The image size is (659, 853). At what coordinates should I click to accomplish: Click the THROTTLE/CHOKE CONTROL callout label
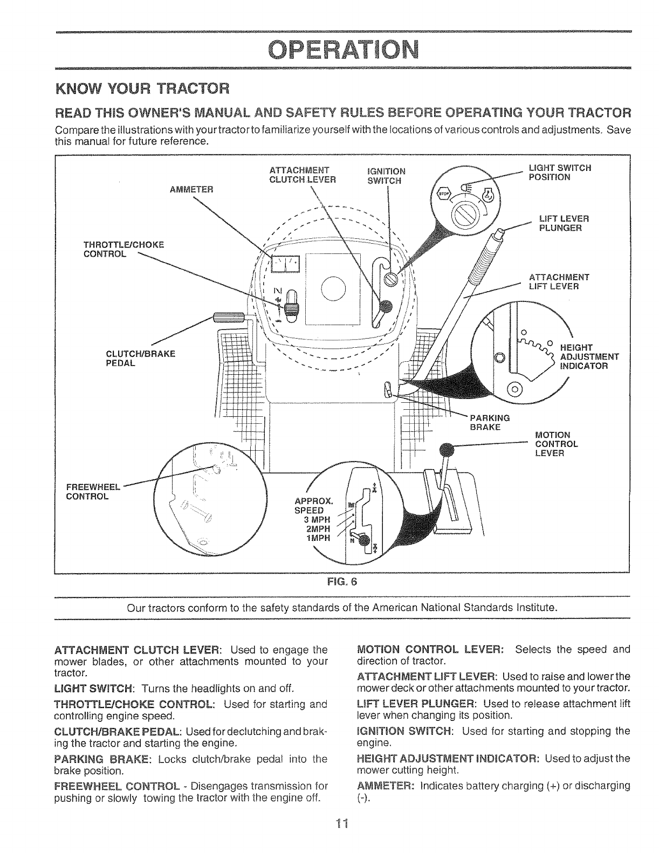tap(122, 250)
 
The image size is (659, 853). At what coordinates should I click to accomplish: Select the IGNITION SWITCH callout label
tap(385, 176)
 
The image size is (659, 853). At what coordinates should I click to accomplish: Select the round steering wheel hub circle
tap(332, 287)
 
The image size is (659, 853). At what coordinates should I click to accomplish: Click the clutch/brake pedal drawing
tap(230, 318)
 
